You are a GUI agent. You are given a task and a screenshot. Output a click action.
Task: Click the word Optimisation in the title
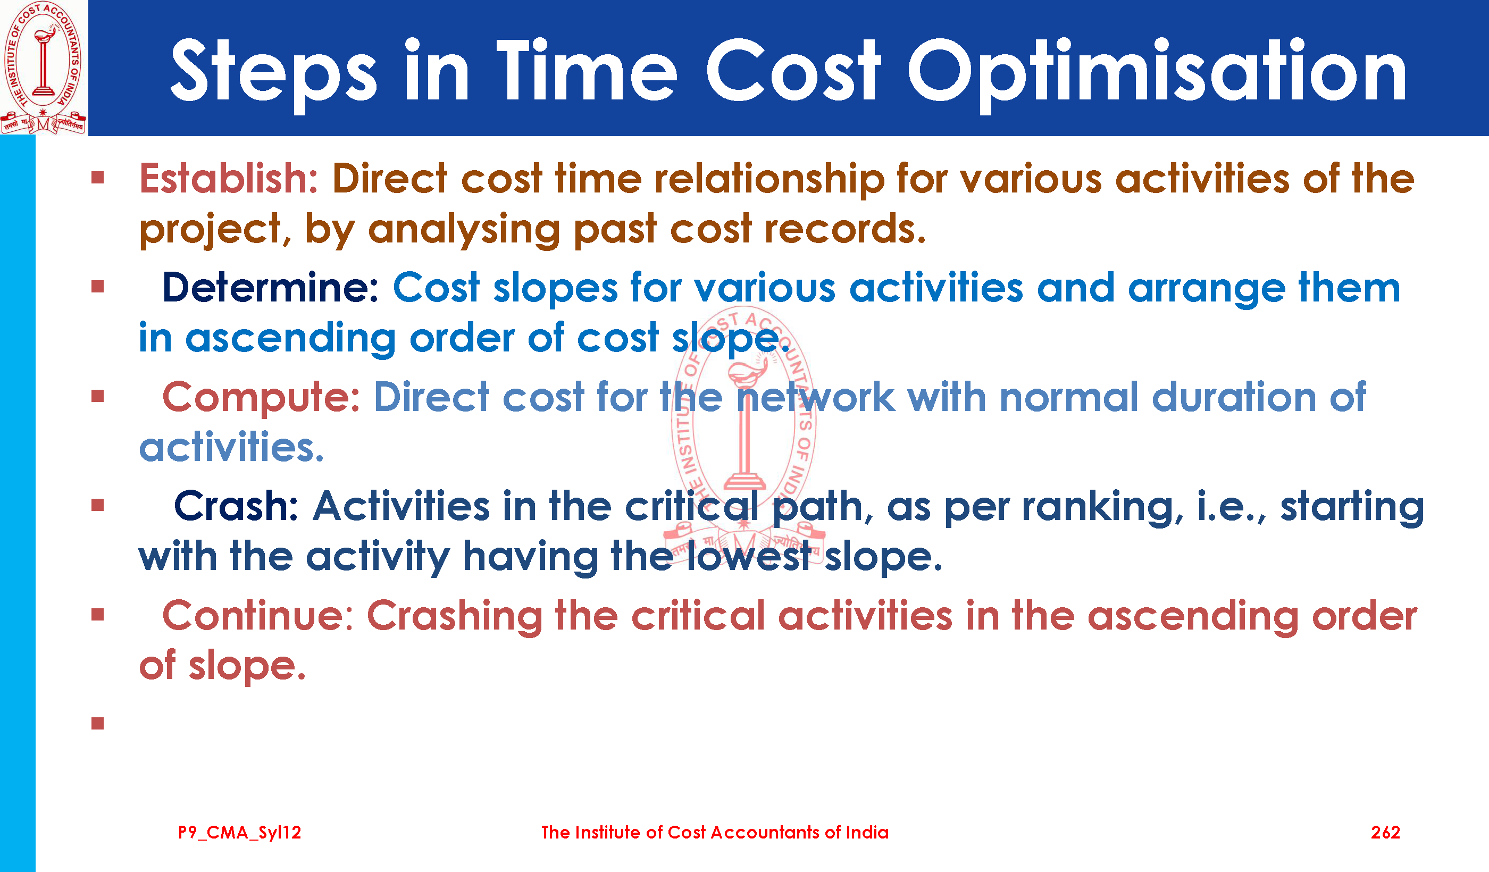click(x=1156, y=74)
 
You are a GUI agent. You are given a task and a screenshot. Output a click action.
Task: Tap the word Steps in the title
click(x=273, y=74)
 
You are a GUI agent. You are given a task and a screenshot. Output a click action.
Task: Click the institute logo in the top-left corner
click(x=43, y=68)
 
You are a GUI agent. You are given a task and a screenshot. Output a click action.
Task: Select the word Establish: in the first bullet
click(x=229, y=179)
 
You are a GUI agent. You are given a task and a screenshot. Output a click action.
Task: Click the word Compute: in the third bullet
click(x=261, y=398)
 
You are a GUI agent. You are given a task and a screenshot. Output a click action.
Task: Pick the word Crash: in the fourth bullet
click(x=236, y=506)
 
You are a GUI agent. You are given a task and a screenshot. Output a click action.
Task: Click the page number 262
click(x=1385, y=833)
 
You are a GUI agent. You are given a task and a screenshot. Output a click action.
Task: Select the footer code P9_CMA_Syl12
click(x=240, y=833)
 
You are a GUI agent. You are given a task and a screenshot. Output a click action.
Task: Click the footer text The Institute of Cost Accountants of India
click(x=715, y=833)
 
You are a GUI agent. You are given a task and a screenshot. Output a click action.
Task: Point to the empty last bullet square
click(x=98, y=724)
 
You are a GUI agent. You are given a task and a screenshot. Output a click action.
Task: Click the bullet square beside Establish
click(x=98, y=178)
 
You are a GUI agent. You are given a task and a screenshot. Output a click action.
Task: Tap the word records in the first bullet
click(x=845, y=229)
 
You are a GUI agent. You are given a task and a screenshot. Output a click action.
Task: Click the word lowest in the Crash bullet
click(x=749, y=557)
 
